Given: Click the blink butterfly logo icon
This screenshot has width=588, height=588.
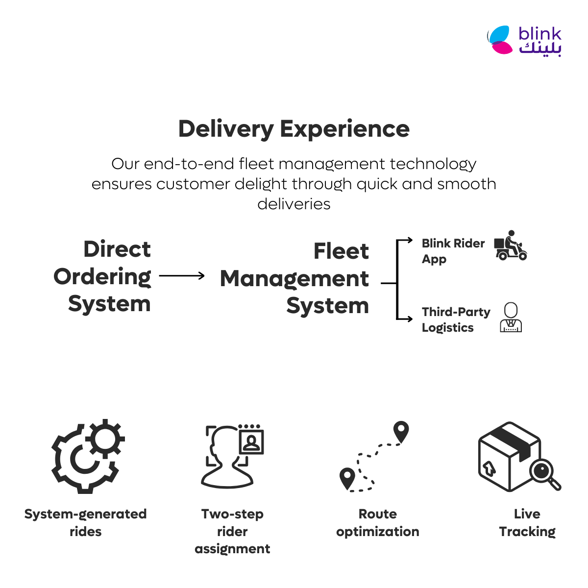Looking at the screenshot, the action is (500, 40).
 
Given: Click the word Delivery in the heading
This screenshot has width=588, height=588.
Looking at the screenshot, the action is (226, 129).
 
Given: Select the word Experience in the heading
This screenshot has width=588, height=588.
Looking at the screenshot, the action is (344, 129).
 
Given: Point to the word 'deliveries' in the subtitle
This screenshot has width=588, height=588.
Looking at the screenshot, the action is (294, 204).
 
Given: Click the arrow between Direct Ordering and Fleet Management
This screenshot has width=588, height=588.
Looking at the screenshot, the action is (182, 276).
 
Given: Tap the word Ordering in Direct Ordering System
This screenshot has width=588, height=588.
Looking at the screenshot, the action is (102, 277).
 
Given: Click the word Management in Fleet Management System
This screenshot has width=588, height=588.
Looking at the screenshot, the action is (294, 279).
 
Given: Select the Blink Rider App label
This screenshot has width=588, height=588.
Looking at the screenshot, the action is (453, 251).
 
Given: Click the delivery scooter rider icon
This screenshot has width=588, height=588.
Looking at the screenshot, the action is (511, 245).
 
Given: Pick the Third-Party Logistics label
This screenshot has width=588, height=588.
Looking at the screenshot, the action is (456, 320).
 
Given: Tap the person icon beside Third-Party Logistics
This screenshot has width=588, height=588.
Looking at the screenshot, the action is (511, 317).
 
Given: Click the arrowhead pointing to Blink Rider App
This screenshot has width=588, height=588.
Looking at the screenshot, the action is (410, 240).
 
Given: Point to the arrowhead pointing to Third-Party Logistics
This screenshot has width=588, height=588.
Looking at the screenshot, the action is (410, 319).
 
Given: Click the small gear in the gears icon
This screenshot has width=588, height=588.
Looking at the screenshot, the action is (105, 439).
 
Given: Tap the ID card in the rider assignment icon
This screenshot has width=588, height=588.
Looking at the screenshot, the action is (251, 442).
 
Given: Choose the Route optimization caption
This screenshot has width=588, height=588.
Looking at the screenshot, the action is (378, 523).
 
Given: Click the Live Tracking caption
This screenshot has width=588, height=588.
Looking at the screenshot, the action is (527, 523).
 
